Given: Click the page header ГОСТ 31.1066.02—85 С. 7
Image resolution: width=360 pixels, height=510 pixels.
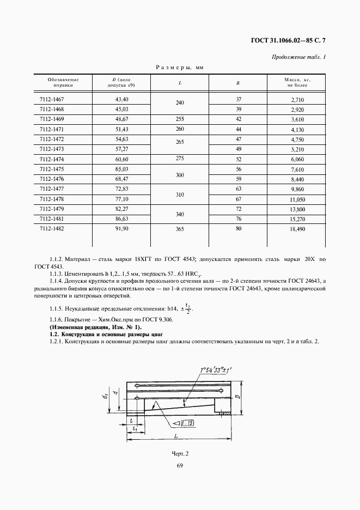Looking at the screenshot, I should click(x=291, y=40).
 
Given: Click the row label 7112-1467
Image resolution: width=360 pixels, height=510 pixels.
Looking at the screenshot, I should click(x=52, y=100).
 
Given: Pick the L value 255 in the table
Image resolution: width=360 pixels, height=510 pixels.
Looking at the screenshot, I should click(x=180, y=119).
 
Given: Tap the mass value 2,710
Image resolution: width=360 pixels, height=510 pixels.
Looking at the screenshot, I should click(x=296, y=100).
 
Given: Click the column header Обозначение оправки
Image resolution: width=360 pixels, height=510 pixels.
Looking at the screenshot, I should click(x=59, y=83).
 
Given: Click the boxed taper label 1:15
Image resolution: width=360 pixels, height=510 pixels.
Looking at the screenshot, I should click(x=186, y=423).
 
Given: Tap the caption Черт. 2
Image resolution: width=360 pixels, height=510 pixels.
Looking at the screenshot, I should click(x=179, y=453).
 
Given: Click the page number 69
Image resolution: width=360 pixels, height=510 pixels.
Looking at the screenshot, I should click(x=179, y=465).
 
